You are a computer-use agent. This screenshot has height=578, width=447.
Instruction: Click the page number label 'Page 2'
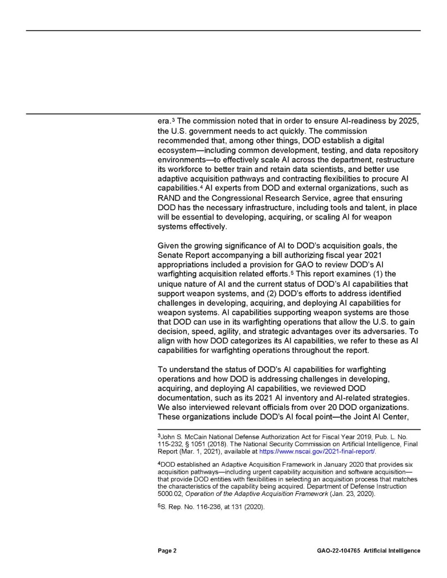tap(167, 551)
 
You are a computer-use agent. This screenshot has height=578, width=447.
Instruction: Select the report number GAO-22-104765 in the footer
tap(338, 551)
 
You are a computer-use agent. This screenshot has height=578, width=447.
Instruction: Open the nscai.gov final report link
tap(317, 451)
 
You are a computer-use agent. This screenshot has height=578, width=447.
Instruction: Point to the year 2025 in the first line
tap(409, 121)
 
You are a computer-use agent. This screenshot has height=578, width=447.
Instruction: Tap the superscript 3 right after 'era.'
tap(173, 120)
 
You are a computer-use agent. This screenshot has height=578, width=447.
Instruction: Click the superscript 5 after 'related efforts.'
tap(292, 273)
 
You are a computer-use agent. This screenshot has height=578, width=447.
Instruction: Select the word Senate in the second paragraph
tap(170, 255)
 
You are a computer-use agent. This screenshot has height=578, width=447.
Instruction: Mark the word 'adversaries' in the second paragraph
tap(385, 331)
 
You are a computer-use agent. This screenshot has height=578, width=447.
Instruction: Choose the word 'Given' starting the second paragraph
tap(168, 246)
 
